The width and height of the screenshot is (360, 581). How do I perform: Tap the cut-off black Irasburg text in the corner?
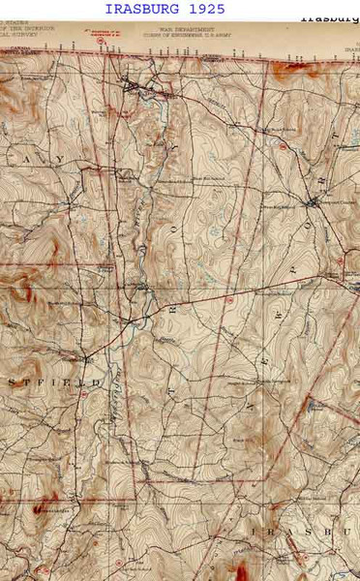coord(328,17)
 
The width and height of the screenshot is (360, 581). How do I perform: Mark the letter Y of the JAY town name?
coord(60,158)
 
